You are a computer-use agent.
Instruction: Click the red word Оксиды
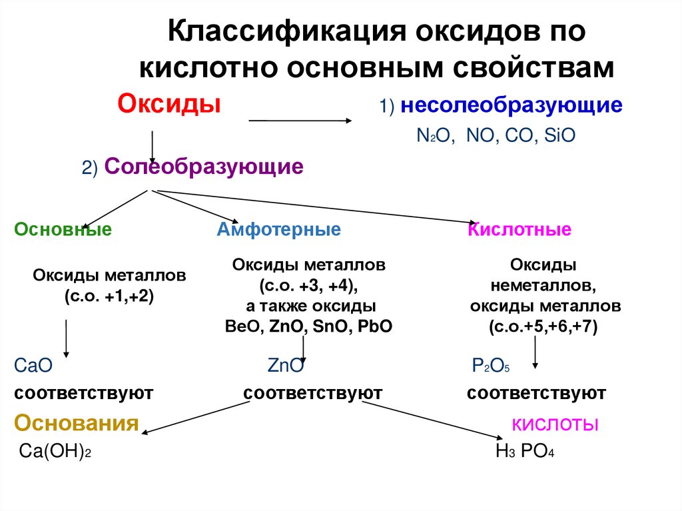tap(169, 105)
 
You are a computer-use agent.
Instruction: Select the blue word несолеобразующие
tap(511, 105)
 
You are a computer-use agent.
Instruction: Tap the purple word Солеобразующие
tap(204, 167)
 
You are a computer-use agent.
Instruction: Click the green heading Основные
tap(63, 230)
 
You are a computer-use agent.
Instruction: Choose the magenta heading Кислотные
tap(519, 230)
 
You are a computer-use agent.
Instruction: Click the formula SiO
tap(559, 136)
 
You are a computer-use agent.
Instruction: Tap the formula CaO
tap(33, 366)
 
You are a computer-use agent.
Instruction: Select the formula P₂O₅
tap(490, 366)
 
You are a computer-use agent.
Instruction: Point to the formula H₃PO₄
tap(525, 451)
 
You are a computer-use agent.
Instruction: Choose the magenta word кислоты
tap(554, 424)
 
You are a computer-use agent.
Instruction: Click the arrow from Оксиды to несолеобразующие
tap(300, 121)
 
